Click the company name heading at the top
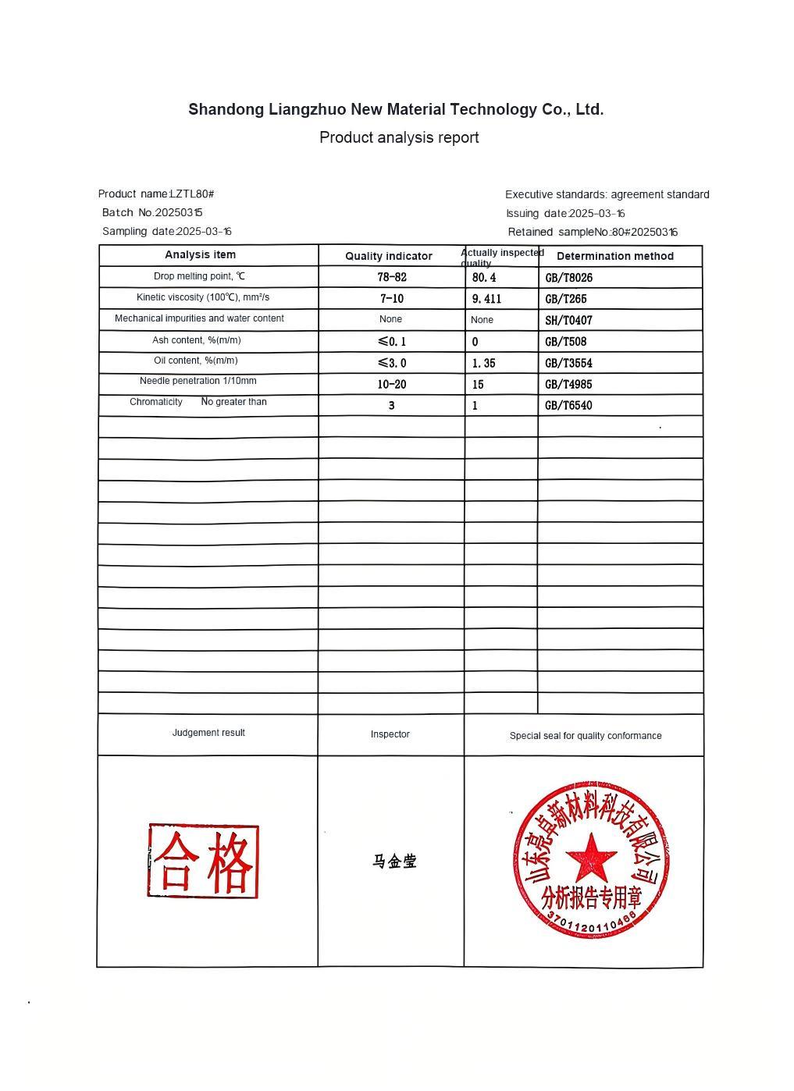pos(396,109)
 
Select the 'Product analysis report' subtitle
pos(399,138)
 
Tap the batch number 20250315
pos(179,212)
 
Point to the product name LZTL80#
pos(192,194)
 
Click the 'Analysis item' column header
pos(200,254)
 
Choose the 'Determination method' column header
pos(615,256)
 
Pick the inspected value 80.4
pos(484,277)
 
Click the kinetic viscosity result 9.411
pos(487,299)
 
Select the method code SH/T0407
pos(569,320)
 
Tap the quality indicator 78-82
pos(392,277)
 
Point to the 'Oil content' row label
pos(196,361)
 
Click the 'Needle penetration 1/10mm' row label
pos(198,381)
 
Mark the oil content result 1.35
pos(484,363)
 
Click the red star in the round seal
pos(591,857)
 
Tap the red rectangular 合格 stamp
pos(203,861)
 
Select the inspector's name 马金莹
pos(395,862)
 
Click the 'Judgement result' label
pos(208,733)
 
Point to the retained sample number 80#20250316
pos(644,232)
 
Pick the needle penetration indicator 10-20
pos(392,384)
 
